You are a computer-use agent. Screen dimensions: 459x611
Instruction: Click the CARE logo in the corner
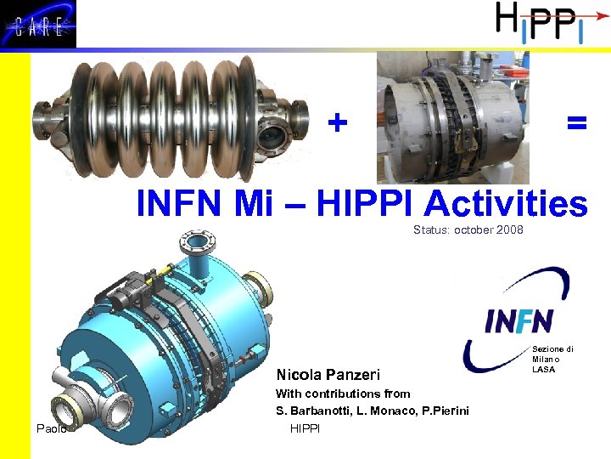(38, 25)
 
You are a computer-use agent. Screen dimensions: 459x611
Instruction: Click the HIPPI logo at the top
(536, 23)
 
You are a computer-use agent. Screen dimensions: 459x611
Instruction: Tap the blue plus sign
(338, 124)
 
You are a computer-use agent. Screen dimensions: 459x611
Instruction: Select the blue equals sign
(577, 124)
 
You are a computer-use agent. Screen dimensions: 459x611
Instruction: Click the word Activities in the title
(506, 205)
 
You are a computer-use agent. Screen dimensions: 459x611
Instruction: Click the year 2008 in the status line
(509, 230)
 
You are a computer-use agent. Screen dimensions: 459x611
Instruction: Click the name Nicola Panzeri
(328, 375)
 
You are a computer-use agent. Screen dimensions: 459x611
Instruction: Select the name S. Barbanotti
(315, 411)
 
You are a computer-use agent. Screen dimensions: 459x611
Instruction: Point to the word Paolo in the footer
(52, 428)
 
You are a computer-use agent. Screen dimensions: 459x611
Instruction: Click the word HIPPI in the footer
(305, 428)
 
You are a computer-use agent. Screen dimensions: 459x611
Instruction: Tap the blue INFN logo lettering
(519, 320)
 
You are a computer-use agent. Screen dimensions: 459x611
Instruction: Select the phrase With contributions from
(343, 394)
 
